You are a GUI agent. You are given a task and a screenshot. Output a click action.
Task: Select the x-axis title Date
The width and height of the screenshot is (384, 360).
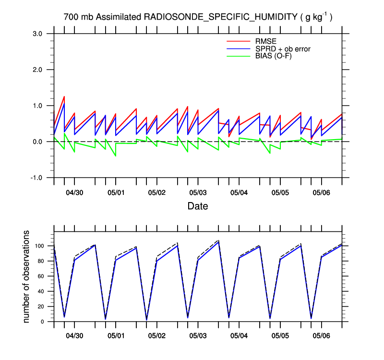click(x=198, y=206)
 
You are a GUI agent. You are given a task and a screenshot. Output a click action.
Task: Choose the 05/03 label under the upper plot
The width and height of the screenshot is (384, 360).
click(x=198, y=192)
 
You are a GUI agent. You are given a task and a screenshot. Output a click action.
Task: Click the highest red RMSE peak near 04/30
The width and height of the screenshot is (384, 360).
click(x=64, y=96)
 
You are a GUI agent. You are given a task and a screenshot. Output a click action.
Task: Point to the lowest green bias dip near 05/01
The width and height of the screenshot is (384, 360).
click(x=115, y=156)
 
